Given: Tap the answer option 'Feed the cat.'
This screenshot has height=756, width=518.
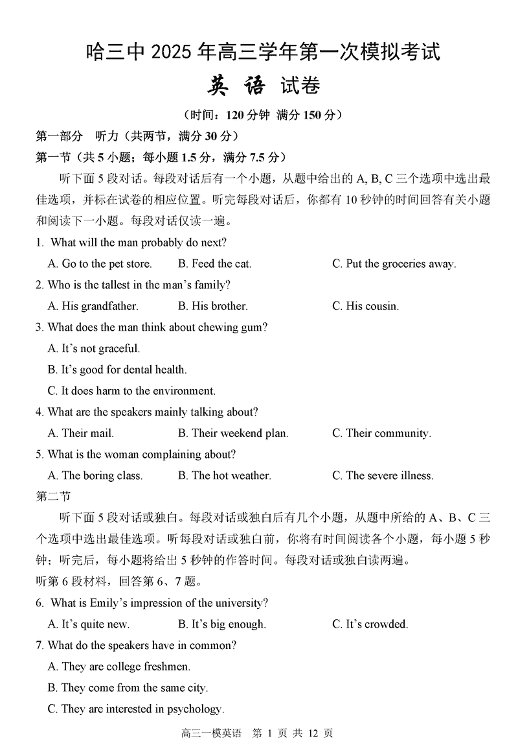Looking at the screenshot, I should tap(214, 264).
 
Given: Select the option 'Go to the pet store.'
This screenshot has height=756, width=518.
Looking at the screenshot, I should tap(100, 264).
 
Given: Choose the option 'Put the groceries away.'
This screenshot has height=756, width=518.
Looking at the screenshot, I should tap(394, 264).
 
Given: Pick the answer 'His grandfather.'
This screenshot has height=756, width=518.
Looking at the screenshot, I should tap(93, 306).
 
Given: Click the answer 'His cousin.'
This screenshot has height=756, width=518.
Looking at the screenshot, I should tap(365, 306).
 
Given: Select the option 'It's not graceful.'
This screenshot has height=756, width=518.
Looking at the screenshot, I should tap(94, 349).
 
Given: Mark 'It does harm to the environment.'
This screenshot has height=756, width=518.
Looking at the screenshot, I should tap(131, 391).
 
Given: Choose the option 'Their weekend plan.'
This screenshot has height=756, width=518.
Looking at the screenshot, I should tap(233, 433).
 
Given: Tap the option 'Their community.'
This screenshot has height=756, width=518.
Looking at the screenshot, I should tap(381, 433).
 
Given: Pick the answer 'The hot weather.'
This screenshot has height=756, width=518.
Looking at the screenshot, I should tap(224, 475).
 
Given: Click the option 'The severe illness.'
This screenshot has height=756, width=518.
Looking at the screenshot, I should tap(383, 475).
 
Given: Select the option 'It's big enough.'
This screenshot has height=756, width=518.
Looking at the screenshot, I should tap(221, 624).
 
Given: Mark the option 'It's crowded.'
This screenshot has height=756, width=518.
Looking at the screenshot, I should tap(370, 624).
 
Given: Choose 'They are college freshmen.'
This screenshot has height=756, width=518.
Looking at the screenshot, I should tap(119, 667).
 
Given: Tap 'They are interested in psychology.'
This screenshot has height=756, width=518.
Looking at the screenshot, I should tap(135, 709).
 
